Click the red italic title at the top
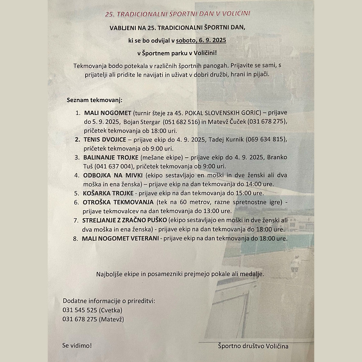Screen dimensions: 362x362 point(178,14)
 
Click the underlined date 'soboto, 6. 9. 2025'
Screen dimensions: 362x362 point(201,40)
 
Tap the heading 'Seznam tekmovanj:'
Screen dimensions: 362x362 point(95,100)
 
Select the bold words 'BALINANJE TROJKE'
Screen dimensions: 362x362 point(111,157)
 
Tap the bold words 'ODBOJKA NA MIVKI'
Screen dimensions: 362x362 point(113,175)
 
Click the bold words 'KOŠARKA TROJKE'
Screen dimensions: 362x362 point(108,193)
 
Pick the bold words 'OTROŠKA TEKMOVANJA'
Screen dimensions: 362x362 point(118,202)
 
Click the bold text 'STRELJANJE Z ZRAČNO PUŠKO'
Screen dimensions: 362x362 point(125,220)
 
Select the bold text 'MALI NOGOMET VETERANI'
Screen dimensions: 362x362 point(120,238)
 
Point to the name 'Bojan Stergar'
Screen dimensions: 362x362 point(142,122)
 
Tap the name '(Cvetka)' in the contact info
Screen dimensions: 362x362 point(110,310)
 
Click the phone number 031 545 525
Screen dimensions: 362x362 point(79,310)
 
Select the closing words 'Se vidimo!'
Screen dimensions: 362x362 point(77,346)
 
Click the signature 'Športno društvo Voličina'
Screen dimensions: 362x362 point(253,346)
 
